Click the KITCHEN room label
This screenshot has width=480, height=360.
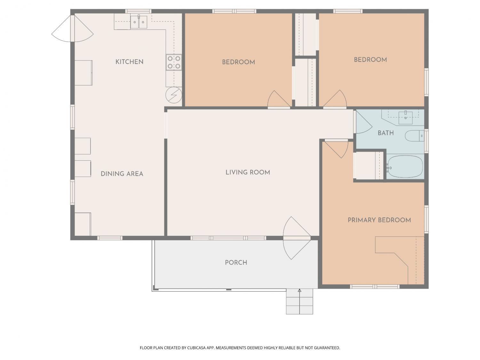tap(129, 62)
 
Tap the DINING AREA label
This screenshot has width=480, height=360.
tap(122, 174)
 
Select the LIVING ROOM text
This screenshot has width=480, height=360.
tap(248, 172)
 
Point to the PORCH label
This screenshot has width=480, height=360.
tap(236, 262)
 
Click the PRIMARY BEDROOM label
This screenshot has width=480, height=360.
tap(379, 220)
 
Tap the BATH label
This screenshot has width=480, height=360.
tap(386, 133)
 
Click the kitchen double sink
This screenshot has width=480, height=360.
tap(139, 22)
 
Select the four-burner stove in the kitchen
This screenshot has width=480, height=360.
tap(174, 62)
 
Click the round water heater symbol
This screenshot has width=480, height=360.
tap(174, 95)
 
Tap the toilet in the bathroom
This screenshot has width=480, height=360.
tap(414, 136)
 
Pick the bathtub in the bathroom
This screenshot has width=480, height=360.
tap(405, 166)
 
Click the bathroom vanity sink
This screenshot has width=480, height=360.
tap(405, 118)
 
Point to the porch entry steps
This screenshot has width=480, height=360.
tap(300, 302)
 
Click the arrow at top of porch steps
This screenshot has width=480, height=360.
tap(300, 291)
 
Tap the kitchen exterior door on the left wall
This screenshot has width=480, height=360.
tap(73, 28)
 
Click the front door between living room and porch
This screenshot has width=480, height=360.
tap(297, 238)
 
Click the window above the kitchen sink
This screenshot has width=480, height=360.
tap(138, 11)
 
